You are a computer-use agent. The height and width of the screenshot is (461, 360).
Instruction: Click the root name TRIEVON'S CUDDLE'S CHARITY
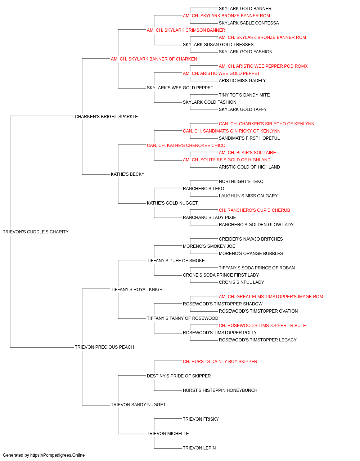tap(36, 232)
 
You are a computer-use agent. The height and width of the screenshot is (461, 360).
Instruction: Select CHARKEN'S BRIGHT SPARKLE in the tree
tap(106, 116)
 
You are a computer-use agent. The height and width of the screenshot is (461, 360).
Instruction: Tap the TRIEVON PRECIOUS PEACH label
tap(104, 347)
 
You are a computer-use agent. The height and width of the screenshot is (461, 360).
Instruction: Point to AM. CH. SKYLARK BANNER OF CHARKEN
tap(154, 59)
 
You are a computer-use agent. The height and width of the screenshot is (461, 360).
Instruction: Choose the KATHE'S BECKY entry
tap(128, 174)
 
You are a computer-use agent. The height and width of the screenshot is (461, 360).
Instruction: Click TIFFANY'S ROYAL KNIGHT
tap(138, 289)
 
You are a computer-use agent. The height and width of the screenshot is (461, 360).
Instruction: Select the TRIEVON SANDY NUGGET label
tap(138, 404)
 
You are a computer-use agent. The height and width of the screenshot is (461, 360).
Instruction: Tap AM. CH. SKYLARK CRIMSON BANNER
tap(186, 30)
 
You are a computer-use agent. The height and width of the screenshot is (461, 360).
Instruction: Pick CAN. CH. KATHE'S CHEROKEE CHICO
tap(186, 145)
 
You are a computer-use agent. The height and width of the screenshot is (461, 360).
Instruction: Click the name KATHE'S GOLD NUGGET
tap(172, 203)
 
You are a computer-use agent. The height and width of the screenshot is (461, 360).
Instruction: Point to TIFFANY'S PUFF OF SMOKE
tap(176, 260)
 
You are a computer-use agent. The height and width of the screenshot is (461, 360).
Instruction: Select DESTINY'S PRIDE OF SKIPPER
tap(179, 376)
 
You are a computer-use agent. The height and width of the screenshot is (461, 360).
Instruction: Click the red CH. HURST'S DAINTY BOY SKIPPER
tap(220, 361)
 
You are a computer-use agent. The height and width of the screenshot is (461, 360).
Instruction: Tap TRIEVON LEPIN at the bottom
tap(199, 448)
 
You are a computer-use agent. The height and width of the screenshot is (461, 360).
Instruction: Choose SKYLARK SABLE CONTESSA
tap(249, 23)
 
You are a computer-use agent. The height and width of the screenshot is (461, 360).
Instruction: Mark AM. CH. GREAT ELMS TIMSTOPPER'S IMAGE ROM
tap(271, 296)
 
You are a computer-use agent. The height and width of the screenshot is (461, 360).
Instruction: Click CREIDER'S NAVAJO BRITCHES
tap(251, 239)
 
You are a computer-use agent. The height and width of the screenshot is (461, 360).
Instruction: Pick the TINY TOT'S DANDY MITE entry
tap(244, 95)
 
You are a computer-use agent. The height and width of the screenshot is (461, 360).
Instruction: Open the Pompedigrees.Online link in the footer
tap(58, 455)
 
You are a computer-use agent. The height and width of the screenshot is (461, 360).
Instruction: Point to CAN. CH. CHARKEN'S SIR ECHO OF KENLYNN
tap(267, 124)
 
